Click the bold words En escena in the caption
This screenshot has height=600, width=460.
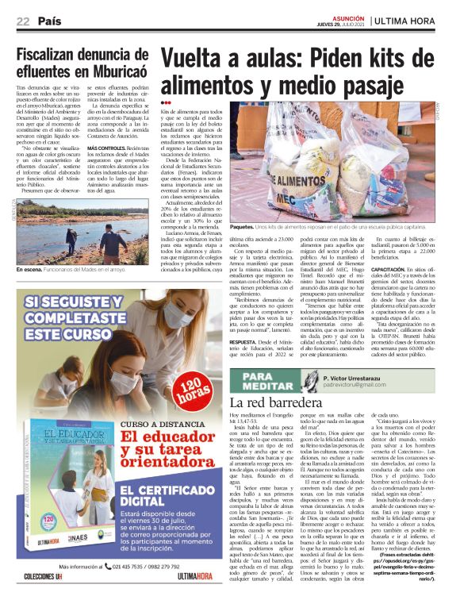click(x=30, y=270)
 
